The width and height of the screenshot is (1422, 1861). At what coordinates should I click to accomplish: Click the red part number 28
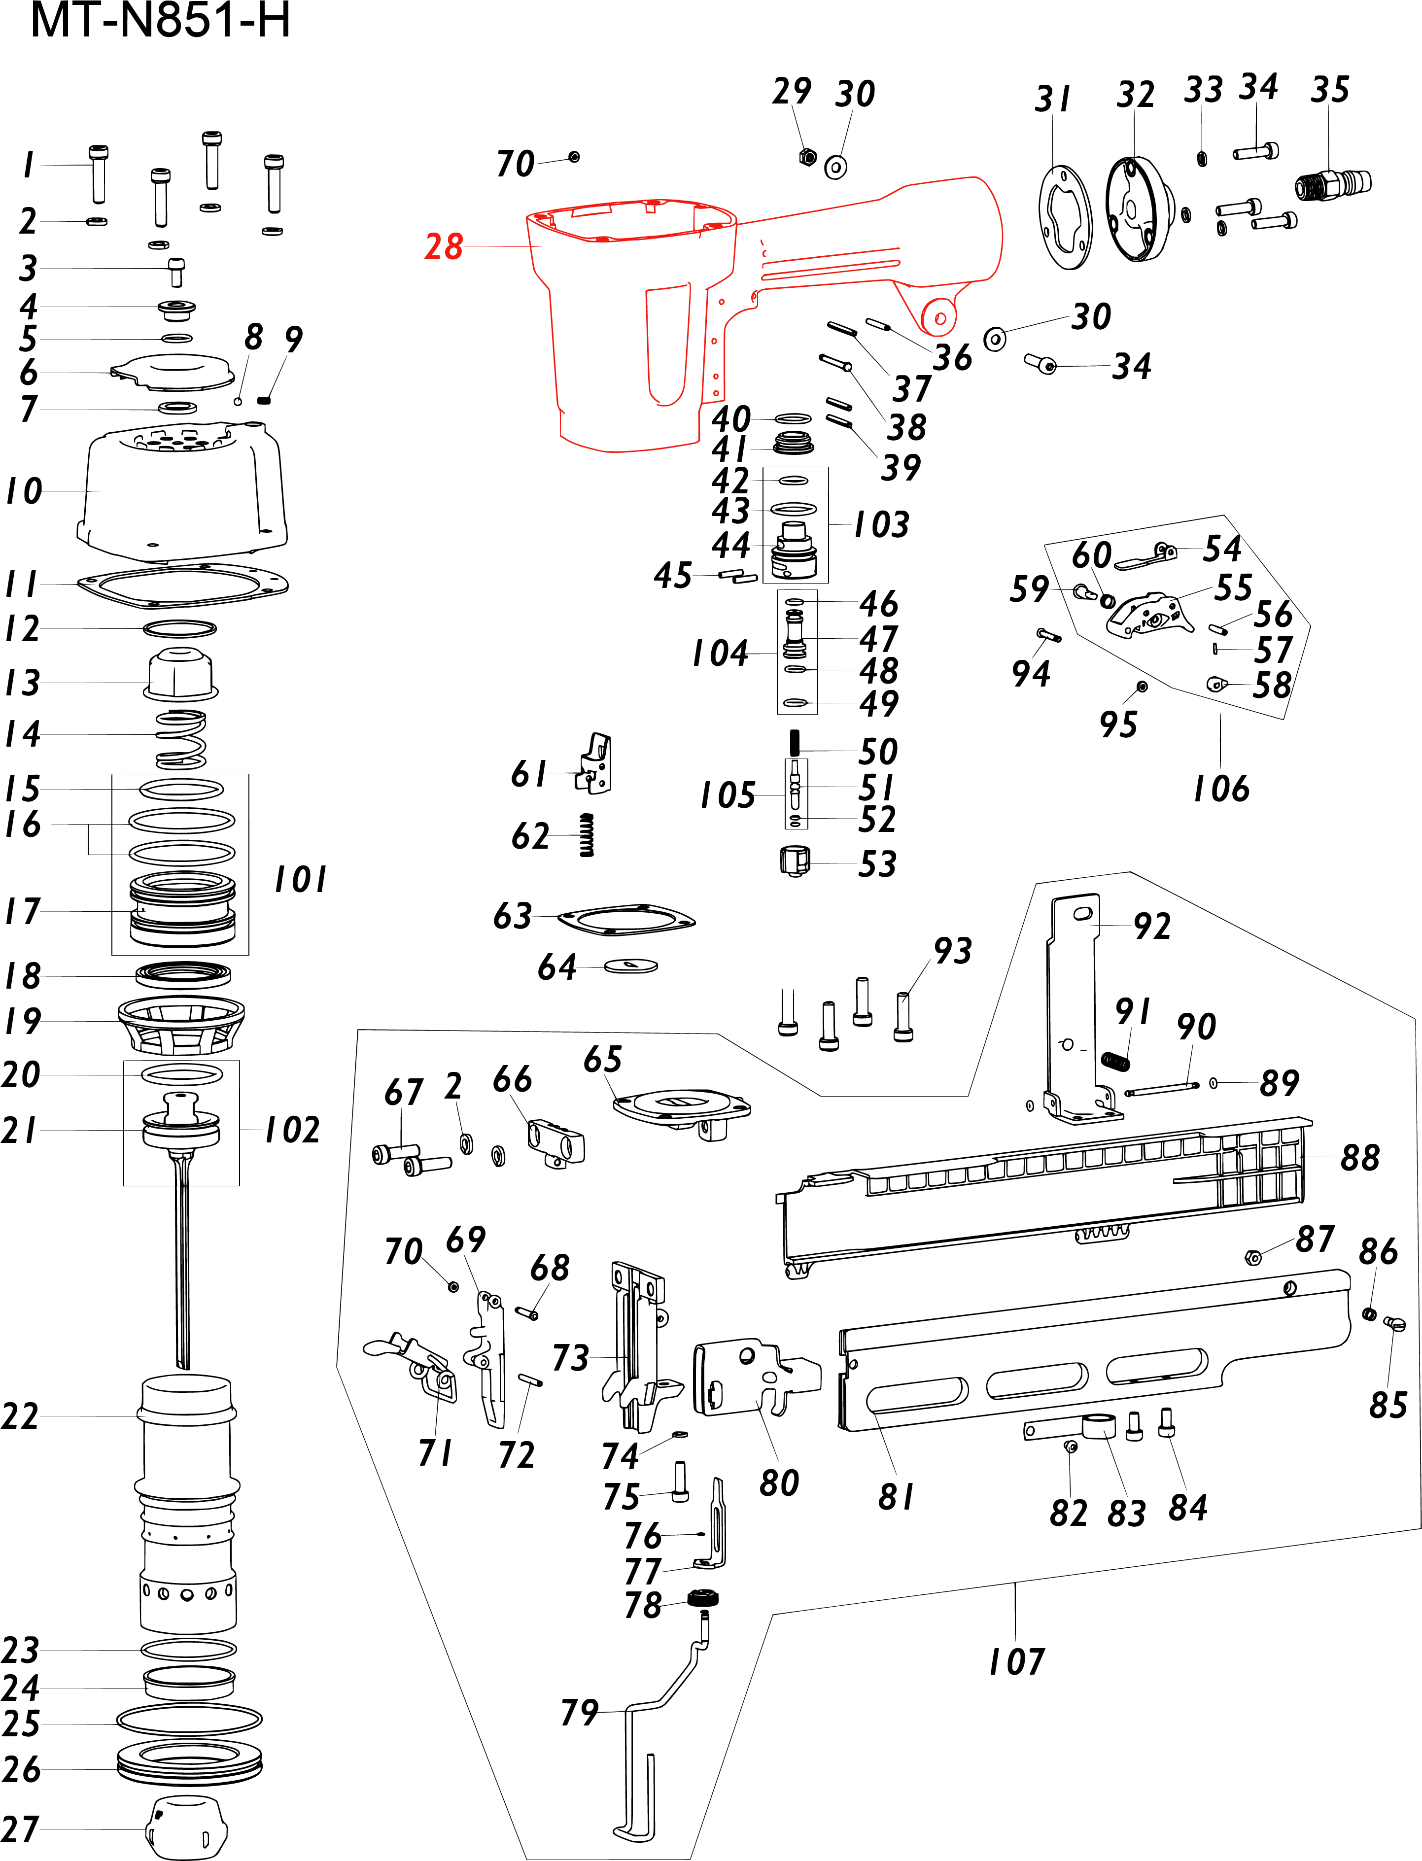[x=444, y=246]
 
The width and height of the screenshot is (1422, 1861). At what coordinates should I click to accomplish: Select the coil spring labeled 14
[x=181, y=739]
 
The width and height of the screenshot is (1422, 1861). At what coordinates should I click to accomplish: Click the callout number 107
[x=1016, y=1661]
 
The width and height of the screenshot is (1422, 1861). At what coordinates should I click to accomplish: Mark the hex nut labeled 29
[x=807, y=157]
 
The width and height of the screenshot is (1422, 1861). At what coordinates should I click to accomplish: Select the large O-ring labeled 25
[x=189, y=1719]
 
